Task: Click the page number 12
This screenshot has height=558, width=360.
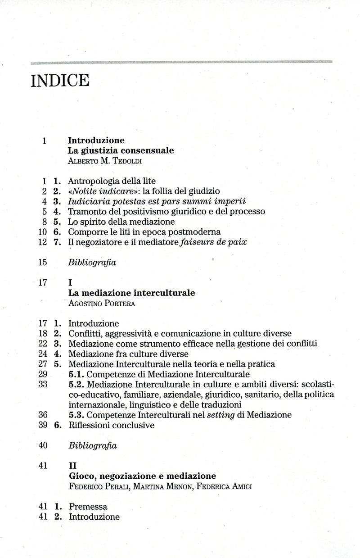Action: coord(43,242)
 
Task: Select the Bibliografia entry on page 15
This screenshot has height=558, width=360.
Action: coord(92,263)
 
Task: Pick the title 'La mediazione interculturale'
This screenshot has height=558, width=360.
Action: coord(131,293)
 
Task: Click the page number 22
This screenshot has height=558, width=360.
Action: coord(43,344)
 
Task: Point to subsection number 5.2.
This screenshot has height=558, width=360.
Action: coord(76,384)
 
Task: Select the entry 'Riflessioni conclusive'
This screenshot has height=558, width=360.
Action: coord(111,425)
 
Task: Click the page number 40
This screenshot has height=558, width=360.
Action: coord(43,445)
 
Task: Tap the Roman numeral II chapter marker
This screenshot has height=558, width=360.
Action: coord(72,466)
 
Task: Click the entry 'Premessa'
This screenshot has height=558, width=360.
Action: coord(88,507)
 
